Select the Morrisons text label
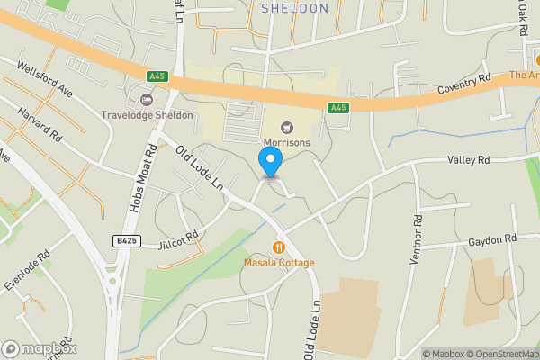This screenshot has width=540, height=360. click(x=286, y=142)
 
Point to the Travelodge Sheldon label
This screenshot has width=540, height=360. click(x=147, y=115)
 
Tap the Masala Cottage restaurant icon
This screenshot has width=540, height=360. click(x=279, y=247)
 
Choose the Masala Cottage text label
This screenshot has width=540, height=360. click(x=279, y=263)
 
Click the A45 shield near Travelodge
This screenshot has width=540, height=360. click(x=157, y=76)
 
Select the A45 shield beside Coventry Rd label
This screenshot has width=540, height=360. click(x=338, y=108)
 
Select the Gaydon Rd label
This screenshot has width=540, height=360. click(x=492, y=239)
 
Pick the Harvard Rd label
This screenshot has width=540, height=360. click(x=43, y=126)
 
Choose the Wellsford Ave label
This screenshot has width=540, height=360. click(x=43, y=77)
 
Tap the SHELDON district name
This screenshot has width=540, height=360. click(x=294, y=8)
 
